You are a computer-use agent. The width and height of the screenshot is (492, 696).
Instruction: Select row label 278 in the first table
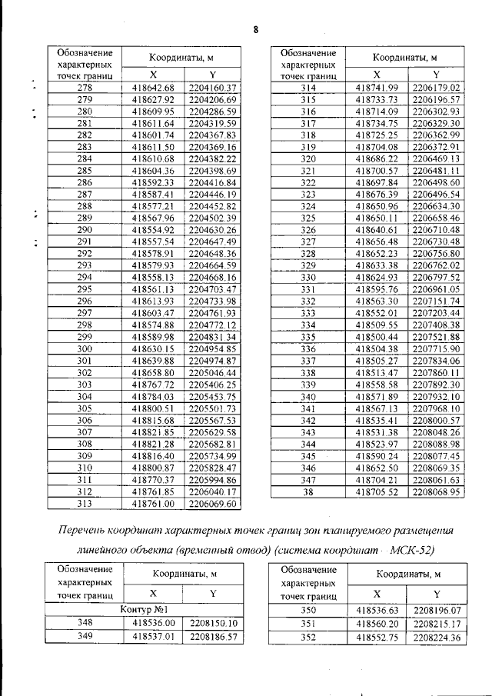point(85,88)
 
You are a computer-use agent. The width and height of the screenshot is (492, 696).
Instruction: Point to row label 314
point(307,88)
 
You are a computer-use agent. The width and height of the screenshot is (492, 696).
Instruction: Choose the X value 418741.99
point(377,88)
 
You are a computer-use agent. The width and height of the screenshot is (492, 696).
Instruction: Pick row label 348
point(85,623)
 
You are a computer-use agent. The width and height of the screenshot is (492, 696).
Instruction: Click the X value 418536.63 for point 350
point(377,609)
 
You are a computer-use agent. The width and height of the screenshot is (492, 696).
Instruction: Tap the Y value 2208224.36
point(436,637)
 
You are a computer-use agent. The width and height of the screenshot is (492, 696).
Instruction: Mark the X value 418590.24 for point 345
point(377,455)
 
